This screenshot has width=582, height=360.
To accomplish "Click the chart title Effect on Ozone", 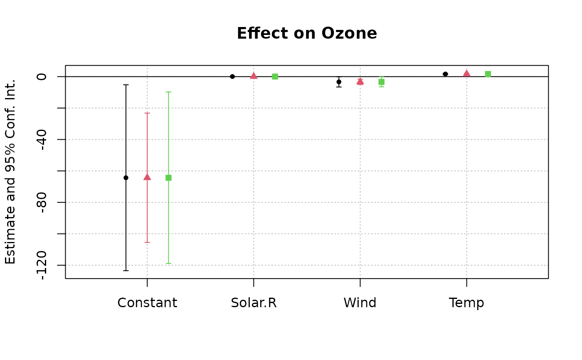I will tap(307, 33).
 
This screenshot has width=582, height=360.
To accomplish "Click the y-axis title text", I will tap(10, 172).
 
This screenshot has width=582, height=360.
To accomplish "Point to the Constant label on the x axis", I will tap(147, 303).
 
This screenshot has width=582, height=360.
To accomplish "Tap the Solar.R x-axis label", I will tap(254, 303).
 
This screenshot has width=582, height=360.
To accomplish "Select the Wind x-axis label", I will tap(360, 303).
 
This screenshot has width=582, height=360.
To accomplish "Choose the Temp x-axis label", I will tap(466, 303).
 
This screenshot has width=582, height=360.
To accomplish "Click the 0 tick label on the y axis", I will tap(42, 76).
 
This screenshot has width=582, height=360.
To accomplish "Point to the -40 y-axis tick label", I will tap(42, 139).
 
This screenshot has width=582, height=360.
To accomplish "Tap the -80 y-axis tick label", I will tap(42, 202).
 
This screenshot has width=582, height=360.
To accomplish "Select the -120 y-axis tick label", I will tap(42, 265).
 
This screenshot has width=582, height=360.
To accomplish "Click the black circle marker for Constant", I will tap(126, 178).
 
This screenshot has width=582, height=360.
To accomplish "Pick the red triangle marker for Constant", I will tap(147, 177).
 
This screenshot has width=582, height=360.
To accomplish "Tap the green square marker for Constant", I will tap(168, 178).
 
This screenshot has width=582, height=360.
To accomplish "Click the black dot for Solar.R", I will tap(232, 76).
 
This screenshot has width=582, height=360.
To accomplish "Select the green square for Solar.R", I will tap(275, 76).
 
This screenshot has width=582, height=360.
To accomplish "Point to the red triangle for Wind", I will tap(360, 81).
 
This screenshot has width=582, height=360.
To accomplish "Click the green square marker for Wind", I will tap(381, 82).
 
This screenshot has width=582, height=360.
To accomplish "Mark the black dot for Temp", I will tap(445, 74).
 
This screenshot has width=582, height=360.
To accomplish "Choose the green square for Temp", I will tap(488, 74).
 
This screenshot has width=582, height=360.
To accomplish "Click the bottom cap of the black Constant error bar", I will tap(126, 271).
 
